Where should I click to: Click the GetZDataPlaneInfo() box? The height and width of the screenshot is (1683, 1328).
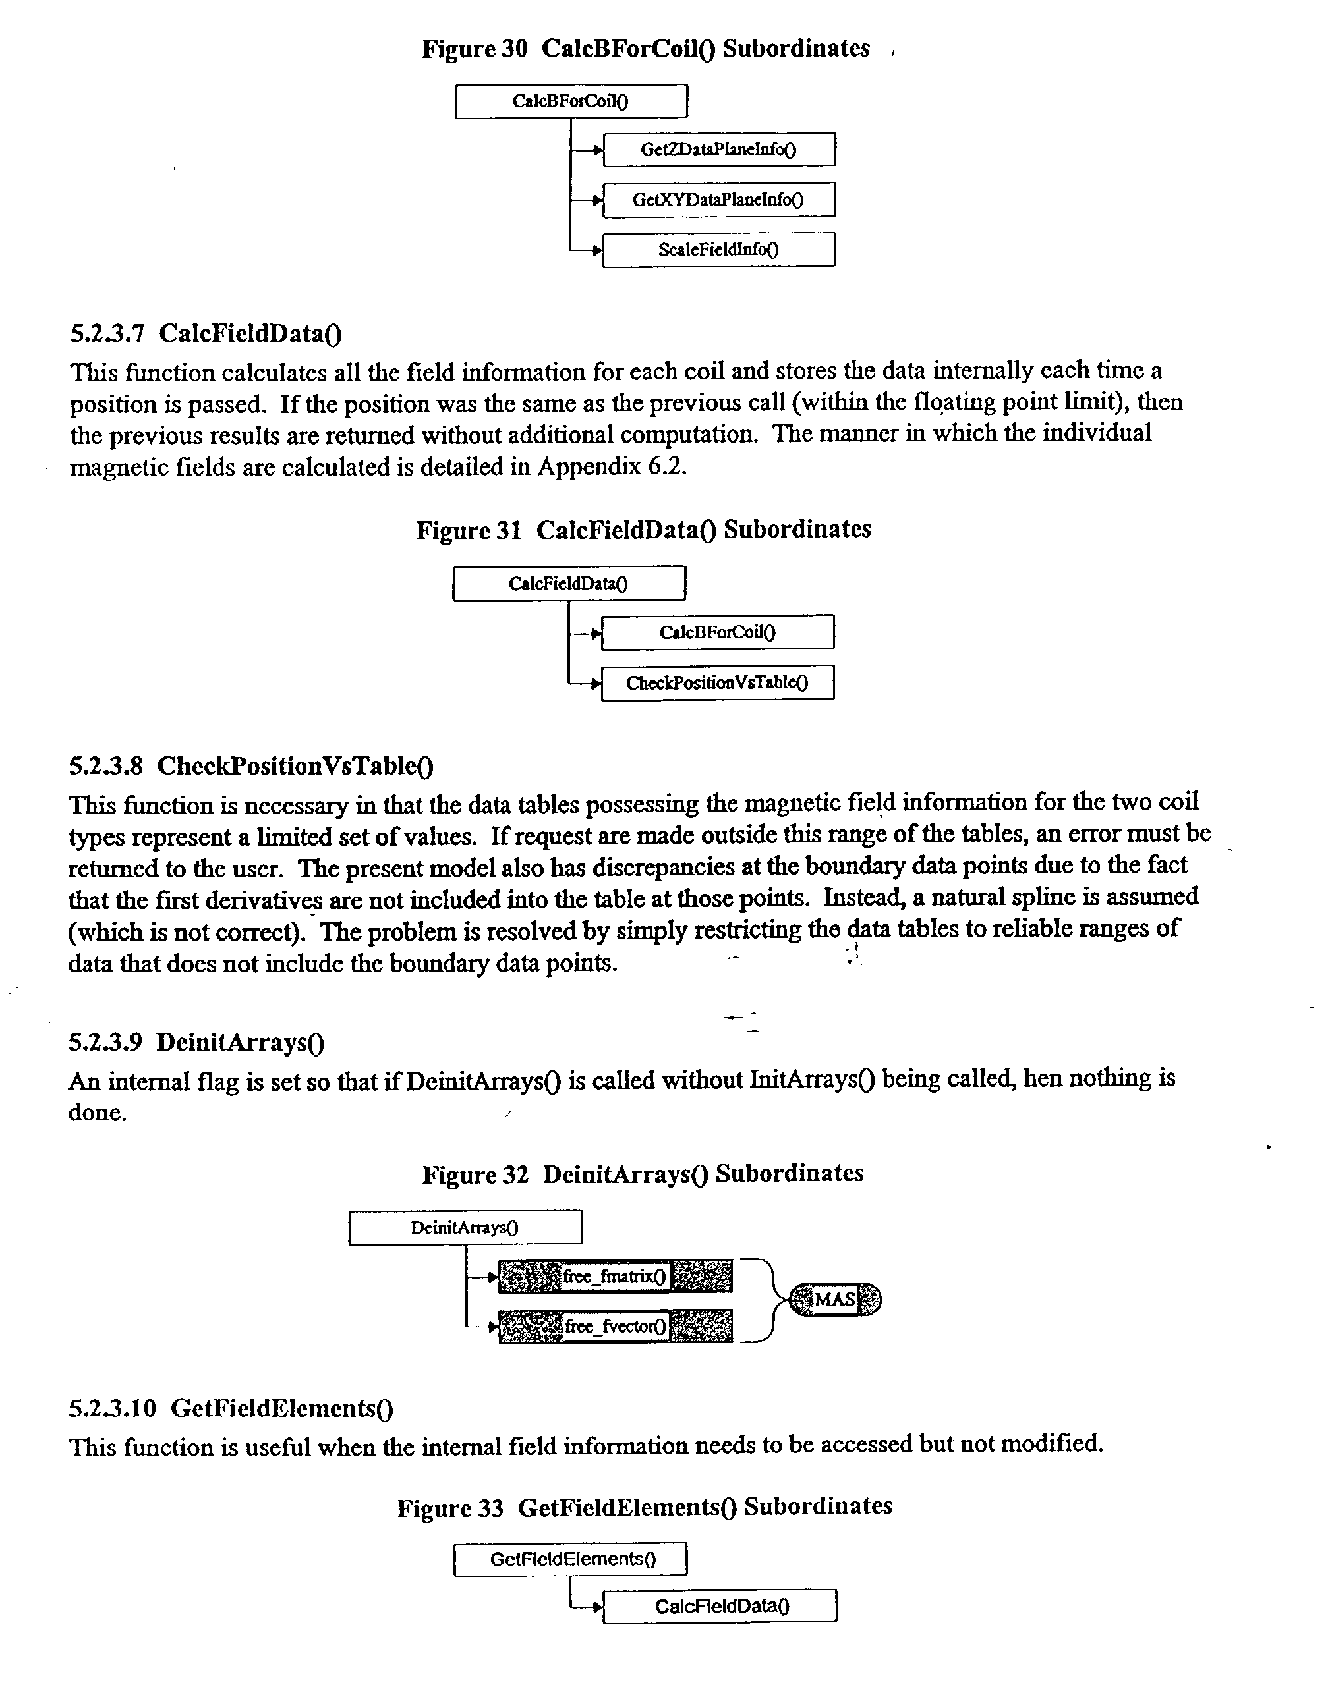tap(718, 149)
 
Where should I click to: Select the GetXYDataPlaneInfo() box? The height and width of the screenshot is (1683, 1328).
tap(718, 200)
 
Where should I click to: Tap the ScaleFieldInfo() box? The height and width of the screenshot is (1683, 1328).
tap(718, 250)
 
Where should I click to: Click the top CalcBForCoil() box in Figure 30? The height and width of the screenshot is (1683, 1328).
tap(571, 101)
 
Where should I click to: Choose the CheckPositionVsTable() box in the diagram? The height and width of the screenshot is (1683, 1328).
tap(717, 682)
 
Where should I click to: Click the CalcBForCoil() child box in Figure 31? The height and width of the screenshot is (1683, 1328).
tap(717, 632)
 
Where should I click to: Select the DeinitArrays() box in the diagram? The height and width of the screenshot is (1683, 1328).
tap(465, 1228)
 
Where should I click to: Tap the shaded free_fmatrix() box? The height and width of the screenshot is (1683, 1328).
tap(614, 1276)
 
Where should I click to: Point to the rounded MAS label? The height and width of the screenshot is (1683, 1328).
tap(835, 1299)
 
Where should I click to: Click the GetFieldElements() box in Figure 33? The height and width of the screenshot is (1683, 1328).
tap(571, 1559)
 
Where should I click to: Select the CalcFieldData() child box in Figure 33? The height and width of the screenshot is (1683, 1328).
tap(720, 1606)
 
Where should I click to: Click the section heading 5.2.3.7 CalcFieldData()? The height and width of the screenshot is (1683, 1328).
tap(206, 333)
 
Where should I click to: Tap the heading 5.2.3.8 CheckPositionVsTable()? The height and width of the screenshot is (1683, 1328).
tap(251, 766)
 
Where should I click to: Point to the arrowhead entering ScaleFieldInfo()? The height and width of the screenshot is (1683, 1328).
tap(597, 250)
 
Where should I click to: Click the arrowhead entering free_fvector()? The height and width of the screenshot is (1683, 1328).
tap(493, 1327)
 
